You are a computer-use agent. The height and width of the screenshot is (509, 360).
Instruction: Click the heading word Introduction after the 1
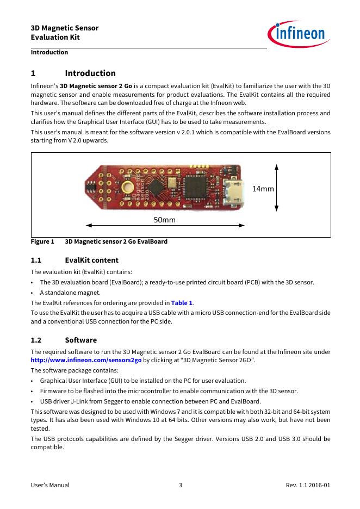point(90,73)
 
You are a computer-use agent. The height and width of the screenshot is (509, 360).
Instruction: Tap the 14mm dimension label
point(263,188)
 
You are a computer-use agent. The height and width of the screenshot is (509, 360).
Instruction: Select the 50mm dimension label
point(165,220)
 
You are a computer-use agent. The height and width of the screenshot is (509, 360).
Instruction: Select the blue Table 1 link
point(182,303)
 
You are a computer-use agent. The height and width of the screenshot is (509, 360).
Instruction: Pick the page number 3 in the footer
point(180,485)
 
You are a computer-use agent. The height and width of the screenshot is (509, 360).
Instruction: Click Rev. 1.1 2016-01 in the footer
point(308,485)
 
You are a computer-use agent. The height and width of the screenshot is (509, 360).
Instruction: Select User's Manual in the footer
point(50,485)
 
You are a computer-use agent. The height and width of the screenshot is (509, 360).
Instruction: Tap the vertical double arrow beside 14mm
point(277,188)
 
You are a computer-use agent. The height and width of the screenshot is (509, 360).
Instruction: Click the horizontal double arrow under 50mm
point(165,226)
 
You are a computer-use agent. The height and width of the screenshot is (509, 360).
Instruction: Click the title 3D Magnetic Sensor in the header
point(65,28)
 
